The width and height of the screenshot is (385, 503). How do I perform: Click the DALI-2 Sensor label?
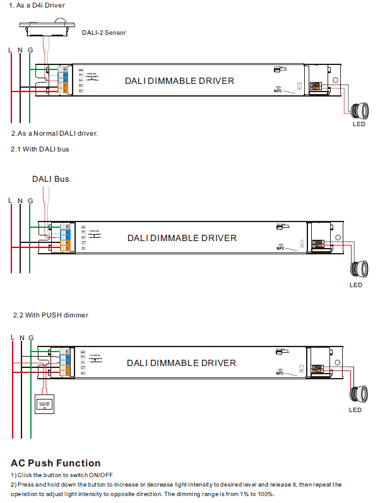[x=104, y=32]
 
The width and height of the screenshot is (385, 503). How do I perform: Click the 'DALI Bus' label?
[x=50, y=179]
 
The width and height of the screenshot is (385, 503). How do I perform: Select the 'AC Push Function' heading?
[x=56, y=463]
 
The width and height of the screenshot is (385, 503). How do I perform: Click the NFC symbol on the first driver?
[x=279, y=90]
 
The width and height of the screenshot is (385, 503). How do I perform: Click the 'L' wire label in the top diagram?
[x=9, y=49]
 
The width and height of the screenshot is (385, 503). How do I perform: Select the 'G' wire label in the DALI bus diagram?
[x=30, y=201]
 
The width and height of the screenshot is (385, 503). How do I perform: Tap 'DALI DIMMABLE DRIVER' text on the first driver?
[x=179, y=81]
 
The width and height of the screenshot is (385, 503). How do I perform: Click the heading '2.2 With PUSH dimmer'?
[x=50, y=315]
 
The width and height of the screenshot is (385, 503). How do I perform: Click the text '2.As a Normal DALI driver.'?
[x=54, y=134]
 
